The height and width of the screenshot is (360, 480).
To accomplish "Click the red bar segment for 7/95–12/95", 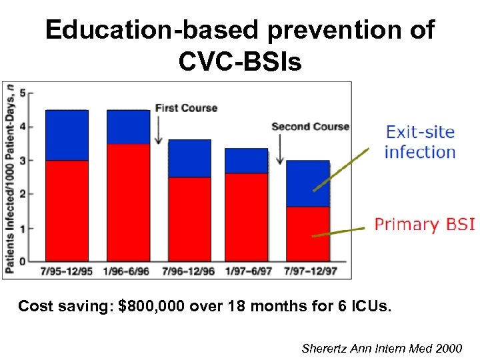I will click(66, 210).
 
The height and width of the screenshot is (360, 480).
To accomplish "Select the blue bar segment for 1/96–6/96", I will click(128, 127).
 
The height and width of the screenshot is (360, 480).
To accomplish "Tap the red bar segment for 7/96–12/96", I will click(189, 219).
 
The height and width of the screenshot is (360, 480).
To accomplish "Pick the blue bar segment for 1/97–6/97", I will click(246, 161).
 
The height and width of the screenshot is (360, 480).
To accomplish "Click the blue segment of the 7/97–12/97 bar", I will click(307, 183).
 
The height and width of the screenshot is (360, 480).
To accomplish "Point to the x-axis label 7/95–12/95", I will click(67, 271).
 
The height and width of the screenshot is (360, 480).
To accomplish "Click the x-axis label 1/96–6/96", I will click(128, 271).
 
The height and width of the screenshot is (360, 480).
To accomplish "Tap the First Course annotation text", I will click(186, 108).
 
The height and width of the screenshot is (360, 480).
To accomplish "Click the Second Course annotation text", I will click(310, 127).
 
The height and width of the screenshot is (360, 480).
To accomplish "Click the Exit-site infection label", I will click(420, 142).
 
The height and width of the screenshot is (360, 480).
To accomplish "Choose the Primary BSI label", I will click(425, 224).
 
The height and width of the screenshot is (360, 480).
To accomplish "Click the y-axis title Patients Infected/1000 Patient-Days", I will click(9, 178).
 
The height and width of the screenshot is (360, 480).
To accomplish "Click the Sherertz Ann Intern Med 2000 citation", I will click(381, 348).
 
